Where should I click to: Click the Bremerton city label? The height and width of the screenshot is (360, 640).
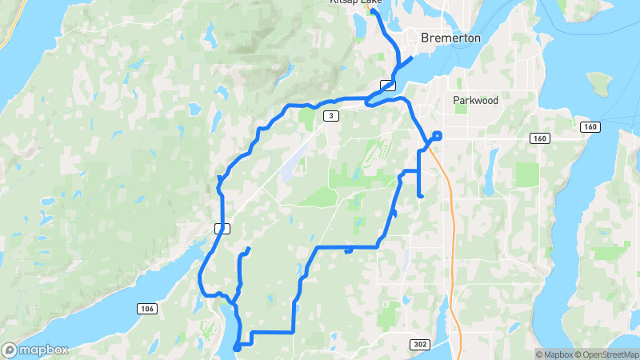pyautogui.click(x=451, y=38)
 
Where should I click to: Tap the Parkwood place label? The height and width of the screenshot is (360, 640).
pyautogui.click(x=475, y=101)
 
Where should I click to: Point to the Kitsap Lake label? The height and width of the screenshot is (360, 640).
pyautogui.click(x=357, y=2)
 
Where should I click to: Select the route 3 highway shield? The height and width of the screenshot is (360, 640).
pyautogui.click(x=330, y=116)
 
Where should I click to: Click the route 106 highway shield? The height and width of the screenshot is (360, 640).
pyautogui.click(x=146, y=309)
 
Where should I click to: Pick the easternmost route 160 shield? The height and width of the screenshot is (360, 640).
pyautogui.click(x=590, y=127)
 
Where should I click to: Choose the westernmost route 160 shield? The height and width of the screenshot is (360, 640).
pyautogui.click(x=539, y=138)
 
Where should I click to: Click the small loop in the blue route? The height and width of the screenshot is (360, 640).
pyautogui.click(x=437, y=135)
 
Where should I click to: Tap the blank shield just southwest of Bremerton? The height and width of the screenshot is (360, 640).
pyautogui.click(x=388, y=85)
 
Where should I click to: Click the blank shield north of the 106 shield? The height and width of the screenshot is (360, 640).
pyautogui.click(x=222, y=229)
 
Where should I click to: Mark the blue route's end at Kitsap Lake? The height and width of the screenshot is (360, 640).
pyautogui.click(x=374, y=11)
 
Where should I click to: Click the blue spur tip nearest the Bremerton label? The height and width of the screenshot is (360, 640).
pyautogui.click(x=411, y=58)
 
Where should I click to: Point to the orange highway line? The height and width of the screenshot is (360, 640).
pyautogui.click(x=452, y=240)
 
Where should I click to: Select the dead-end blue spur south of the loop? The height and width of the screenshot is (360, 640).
pyautogui.click(x=420, y=194)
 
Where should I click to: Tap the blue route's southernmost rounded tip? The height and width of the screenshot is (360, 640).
pyautogui.click(x=236, y=347)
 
